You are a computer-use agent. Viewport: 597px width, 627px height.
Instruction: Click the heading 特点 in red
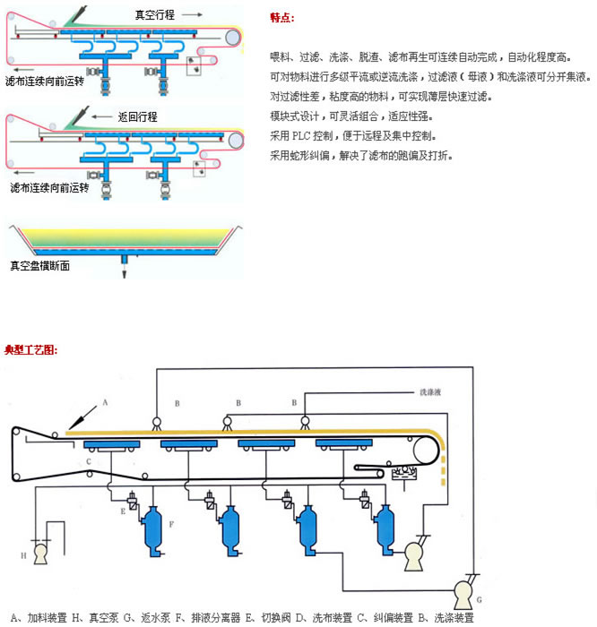pos(281,18)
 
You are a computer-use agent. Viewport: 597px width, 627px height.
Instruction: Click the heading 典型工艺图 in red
pos(31,349)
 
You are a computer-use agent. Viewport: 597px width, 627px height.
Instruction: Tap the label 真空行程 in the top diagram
pos(155,15)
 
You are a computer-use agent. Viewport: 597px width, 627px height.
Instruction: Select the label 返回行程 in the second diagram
pos(137,116)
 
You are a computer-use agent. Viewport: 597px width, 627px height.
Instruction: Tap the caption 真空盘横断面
pos(39,265)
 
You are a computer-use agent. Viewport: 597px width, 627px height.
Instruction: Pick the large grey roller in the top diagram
pos(233,38)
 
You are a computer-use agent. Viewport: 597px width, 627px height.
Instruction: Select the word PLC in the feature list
pos(302,136)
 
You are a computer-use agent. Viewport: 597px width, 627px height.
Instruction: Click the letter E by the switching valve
pos(124,511)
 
